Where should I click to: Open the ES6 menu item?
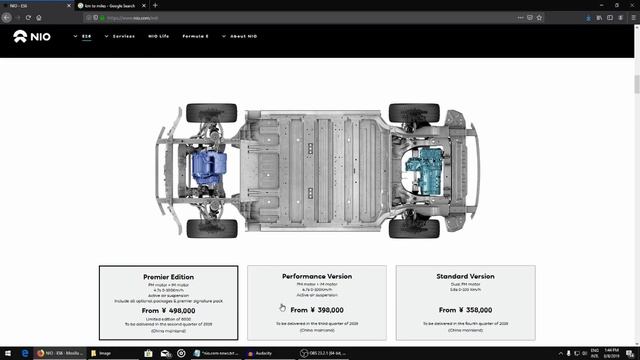86,36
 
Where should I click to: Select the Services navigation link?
123,36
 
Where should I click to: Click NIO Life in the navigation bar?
159,36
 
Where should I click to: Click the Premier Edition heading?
168,277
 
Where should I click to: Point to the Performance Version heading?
317,276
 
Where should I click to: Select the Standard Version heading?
466,276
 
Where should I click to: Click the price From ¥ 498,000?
168,310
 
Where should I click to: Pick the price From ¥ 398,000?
317,310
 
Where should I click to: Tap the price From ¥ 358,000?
466,310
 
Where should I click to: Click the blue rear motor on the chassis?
211,166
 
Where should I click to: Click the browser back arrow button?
8,17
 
